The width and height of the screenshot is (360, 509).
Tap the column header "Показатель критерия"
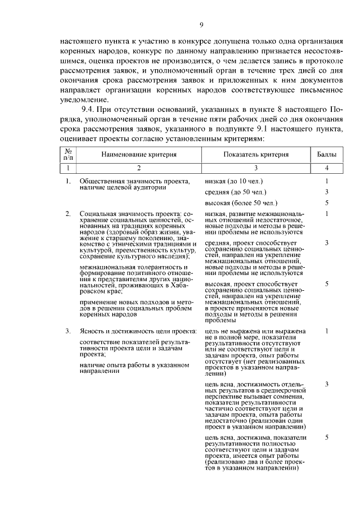click(x=256, y=154)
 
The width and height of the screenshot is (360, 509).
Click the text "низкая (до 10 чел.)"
click(x=234, y=181)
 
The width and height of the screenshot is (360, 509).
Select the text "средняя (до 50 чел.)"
click(x=236, y=192)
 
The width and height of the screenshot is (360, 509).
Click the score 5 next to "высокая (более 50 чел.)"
click(x=326, y=202)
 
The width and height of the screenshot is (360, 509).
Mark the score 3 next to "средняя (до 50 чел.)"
click(x=326, y=192)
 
